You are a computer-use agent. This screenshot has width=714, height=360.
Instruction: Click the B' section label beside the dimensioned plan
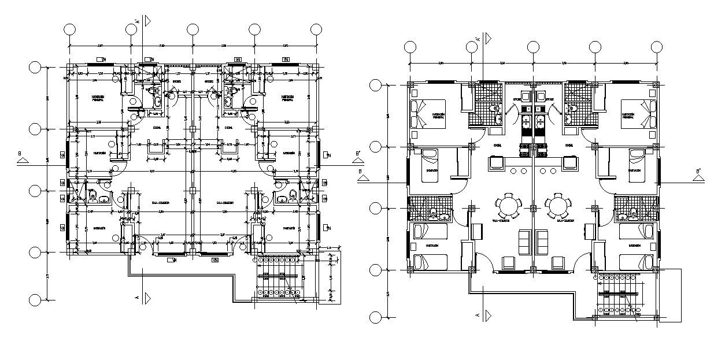[358, 154]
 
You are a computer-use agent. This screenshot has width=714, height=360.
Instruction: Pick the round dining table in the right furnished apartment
[559, 206]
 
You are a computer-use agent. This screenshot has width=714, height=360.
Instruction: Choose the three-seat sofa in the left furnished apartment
[524, 242]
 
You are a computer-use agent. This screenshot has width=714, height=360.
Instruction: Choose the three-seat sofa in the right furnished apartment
[542, 242]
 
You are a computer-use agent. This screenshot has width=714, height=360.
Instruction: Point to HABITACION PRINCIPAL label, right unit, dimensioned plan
[289, 98]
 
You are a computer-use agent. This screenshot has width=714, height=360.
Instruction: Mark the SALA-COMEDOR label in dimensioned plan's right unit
[224, 203]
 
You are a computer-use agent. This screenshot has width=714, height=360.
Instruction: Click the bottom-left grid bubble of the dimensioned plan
[35, 299]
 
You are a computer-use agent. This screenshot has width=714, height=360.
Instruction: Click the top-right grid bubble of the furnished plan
[656, 47]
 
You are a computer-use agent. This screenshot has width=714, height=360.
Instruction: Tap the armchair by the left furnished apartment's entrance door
[509, 263]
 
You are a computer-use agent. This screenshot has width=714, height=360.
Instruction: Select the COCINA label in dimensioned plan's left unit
[156, 128]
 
